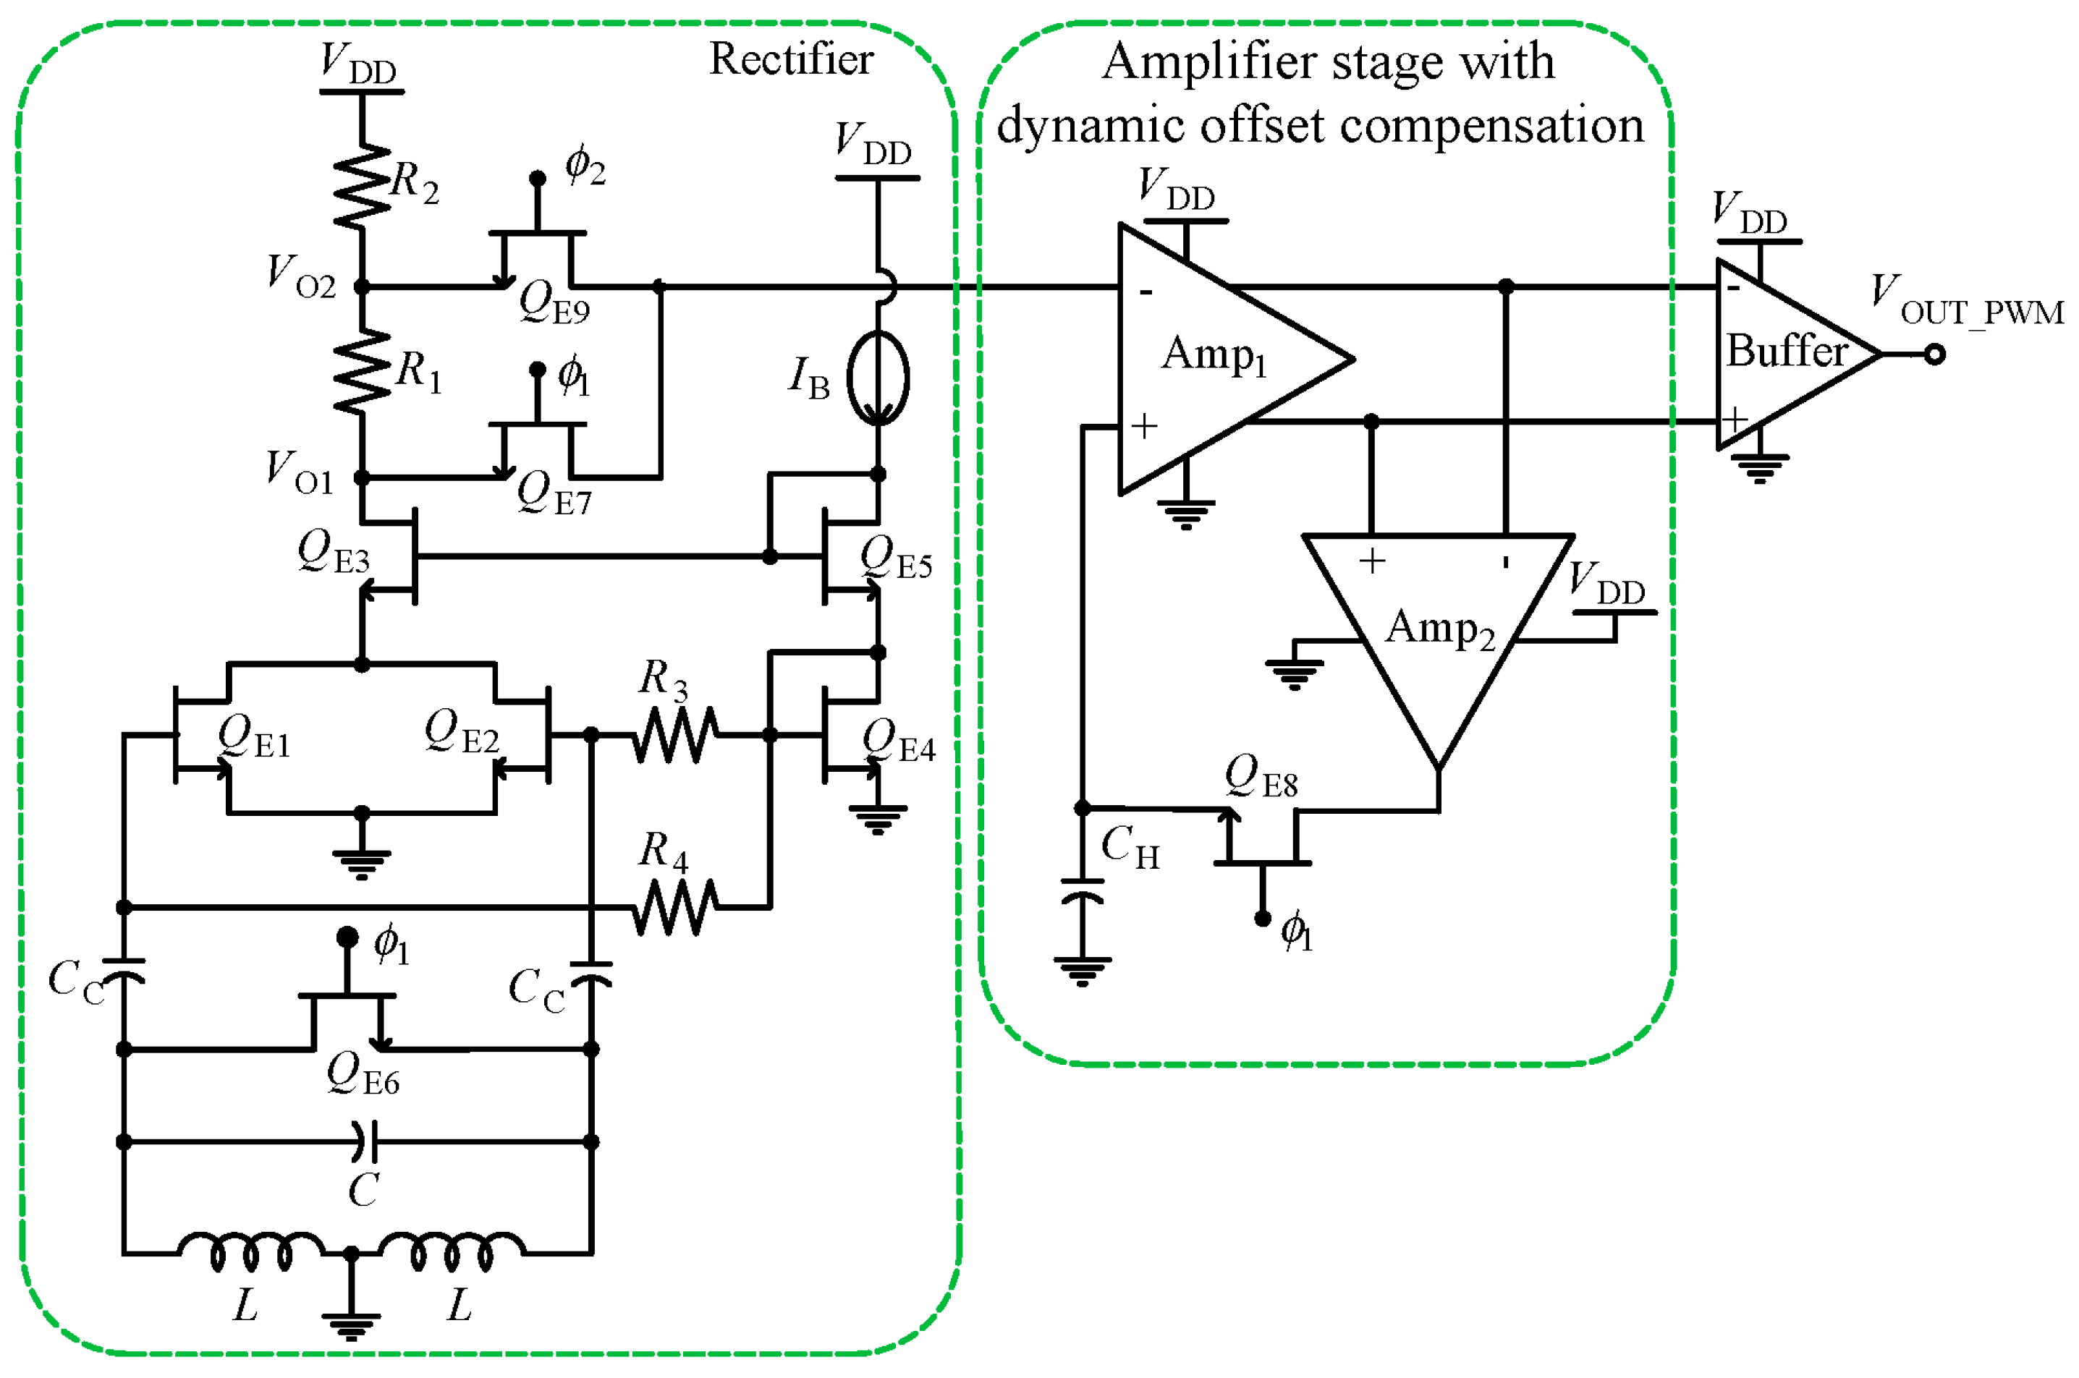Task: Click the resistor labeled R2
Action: point(361,187)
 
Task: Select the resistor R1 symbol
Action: point(361,373)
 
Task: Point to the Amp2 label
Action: point(1439,629)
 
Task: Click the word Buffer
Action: point(1785,351)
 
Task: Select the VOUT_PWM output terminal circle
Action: point(1934,355)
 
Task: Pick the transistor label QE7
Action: point(554,494)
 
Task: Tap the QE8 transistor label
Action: point(1261,777)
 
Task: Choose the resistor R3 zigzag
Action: point(674,736)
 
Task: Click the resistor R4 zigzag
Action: point(674,907)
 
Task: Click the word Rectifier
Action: point(790,60)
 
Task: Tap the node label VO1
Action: point(299,472)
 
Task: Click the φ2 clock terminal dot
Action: point(537,179)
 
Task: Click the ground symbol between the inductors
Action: point(351,1318)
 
